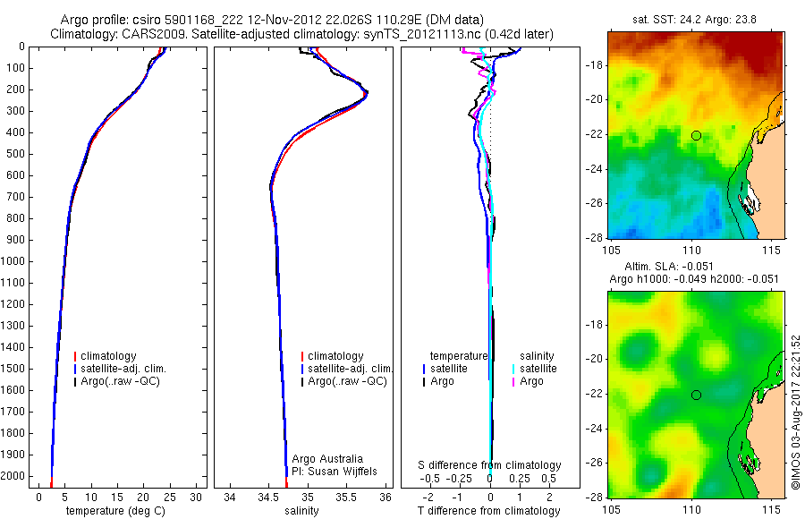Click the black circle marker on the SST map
point(696,135)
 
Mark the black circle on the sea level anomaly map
point(696,395)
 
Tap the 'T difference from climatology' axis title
point(489,511)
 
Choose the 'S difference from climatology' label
point(490,465)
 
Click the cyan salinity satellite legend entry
point(537,369)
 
